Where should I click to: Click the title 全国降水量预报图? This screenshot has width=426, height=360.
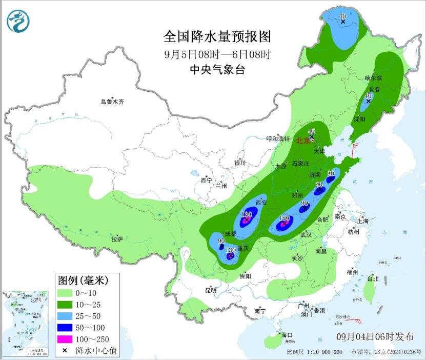pos(216,36)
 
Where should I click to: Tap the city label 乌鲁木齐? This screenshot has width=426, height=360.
pos(112,102)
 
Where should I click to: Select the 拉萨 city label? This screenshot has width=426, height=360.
pos(117,238)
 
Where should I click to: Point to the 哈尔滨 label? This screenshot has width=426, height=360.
pos(373,78)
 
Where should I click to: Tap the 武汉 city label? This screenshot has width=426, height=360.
pos(306,234)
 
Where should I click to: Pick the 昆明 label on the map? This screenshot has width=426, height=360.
pos(211,290)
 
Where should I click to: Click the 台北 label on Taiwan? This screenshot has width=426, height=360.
pos(372,279)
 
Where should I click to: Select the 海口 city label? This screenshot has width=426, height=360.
pos(287,335)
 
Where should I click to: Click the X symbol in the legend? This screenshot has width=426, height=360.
pos(65,351)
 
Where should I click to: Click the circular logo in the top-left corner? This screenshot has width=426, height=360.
pos(18,21)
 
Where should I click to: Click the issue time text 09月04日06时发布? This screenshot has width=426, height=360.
pos(375,337)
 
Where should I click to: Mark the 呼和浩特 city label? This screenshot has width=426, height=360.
pos(278,138)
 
